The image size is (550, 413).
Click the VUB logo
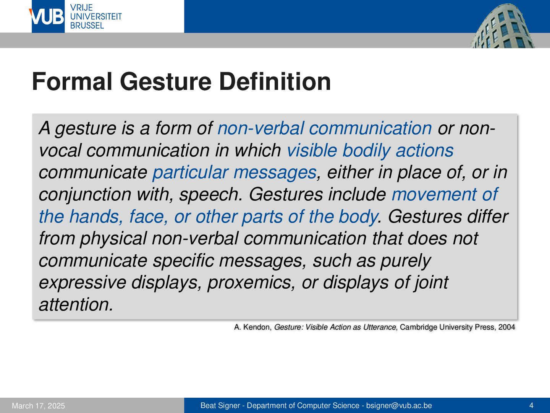tap(48, 16)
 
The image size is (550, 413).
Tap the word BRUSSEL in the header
tap(87, 26)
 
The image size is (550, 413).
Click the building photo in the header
tap(502, 26)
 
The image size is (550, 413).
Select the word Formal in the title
tap(72, 81)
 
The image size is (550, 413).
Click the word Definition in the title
tap(275, 81)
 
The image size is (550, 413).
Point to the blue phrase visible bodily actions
tap(370, 150)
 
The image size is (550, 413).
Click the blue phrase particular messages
tap(235, 172)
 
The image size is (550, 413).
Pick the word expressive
tap(82, 283)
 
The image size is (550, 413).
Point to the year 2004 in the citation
tap(507, 327)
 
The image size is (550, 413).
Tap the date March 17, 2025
tap(38, 406)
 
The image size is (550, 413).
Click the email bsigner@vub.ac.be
tap(399, 405)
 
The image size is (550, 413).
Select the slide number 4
tap(531, 405)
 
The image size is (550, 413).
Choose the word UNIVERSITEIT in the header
tap(96, 16)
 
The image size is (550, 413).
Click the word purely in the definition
tap(405, 261)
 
